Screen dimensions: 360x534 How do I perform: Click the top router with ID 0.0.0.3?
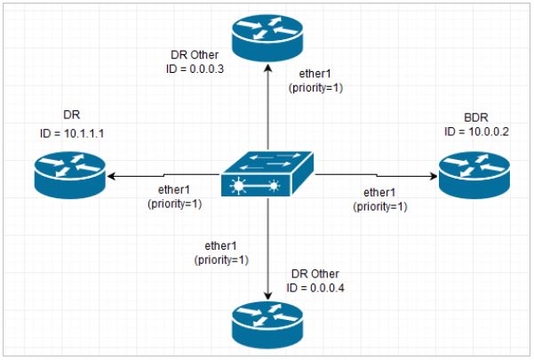pyautogui.click(x=267, y=36)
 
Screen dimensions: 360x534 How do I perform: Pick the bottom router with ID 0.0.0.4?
pyautogui.click(x=267, y=324)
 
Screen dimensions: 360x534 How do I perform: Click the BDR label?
pyautogui.click(x=476, y=117)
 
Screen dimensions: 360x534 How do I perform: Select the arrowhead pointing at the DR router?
pyautogui.click(x=110, y=176)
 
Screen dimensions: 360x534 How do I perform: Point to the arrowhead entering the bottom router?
pyautogui.click(x=267, y=295)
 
